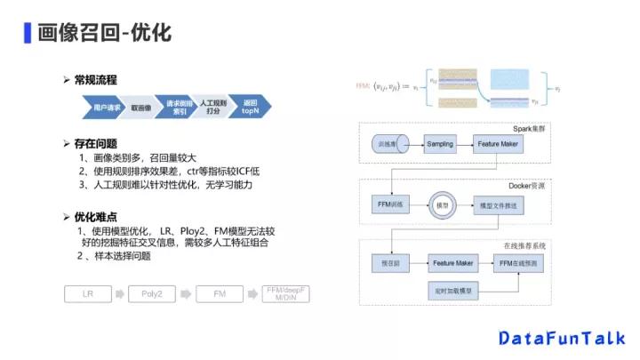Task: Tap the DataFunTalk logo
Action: [562, 339]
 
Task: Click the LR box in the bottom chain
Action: [88, 292]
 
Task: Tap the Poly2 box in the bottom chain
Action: [152, 292]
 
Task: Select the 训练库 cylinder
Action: [388, 144]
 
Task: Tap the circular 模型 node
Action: [440, 204]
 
